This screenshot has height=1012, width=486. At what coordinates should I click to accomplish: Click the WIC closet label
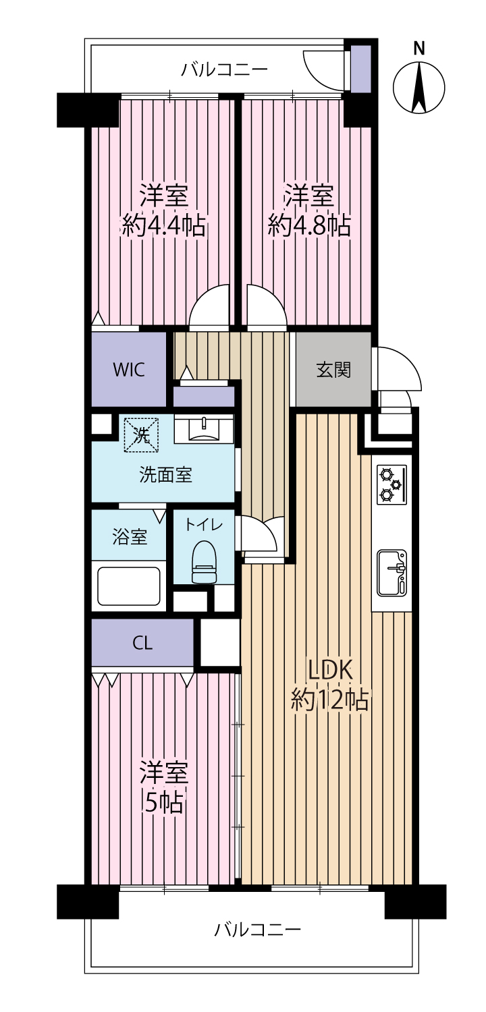(129, 370)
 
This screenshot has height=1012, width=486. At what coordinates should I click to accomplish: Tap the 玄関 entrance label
(333, 370)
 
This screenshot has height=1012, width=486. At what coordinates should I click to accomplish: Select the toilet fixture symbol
(205, 562)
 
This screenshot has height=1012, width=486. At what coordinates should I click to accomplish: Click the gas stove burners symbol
(391, 484)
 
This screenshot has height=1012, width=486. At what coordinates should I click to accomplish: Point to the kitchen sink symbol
(391, 573)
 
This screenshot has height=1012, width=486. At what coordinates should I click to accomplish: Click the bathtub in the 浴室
(129, 586)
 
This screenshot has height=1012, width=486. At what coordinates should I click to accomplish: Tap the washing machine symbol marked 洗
(142, 434)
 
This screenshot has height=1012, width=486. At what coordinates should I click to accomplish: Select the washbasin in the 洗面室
(204, 429)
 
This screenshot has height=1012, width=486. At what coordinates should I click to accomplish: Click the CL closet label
(142, 643)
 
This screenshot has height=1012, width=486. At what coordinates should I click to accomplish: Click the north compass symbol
(419, 88)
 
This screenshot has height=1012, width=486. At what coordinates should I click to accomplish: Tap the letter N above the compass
(419, 48)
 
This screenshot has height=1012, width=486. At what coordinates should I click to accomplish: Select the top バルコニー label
(224, 69)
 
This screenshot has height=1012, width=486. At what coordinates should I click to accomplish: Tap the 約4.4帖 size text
(164, 226)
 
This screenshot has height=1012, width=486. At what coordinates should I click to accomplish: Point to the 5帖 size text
(163, 802)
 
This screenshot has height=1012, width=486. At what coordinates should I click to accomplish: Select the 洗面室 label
(165, 475)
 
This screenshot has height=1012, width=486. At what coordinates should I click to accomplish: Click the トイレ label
(205, 524)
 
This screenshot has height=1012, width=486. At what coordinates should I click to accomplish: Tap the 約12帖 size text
(329, 700)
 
